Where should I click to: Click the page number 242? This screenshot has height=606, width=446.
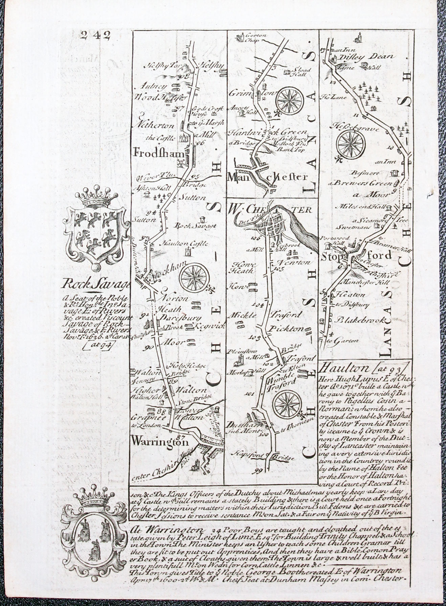point(96,35)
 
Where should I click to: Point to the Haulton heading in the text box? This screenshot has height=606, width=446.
point(339,367)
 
